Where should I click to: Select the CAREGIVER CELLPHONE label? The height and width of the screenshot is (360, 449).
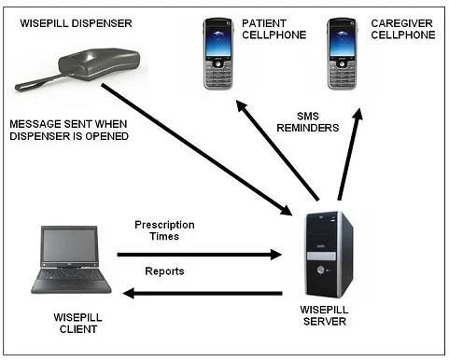coord(402,29)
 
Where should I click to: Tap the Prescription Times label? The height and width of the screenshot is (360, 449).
coord(164,231)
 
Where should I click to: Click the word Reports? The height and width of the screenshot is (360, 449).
coord(165,271)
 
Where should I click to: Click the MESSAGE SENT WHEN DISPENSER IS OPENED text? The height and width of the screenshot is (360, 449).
coord(68,131)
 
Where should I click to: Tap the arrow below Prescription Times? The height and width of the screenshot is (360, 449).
coord(198,254)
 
